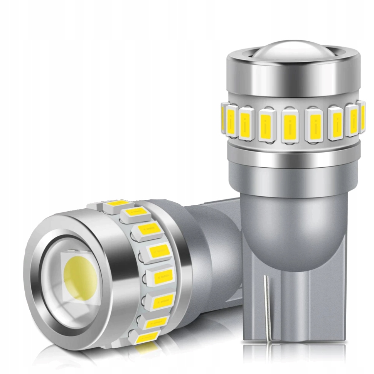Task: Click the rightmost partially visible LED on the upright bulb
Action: point(362,116)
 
